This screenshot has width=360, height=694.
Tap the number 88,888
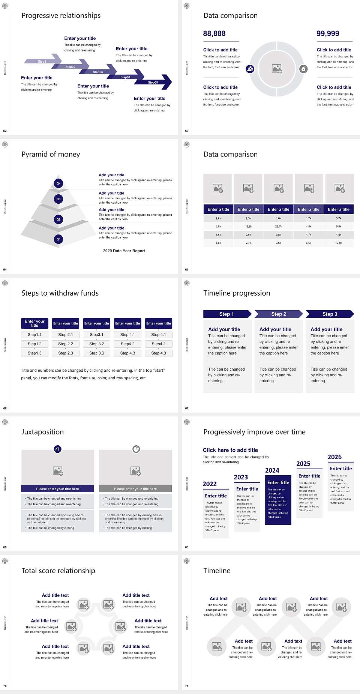[x=214, y=34]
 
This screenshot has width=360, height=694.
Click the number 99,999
[x=328, y=34]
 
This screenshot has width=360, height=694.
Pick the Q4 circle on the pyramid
[x=58, y=183]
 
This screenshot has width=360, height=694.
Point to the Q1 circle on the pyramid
[x=58, y=239]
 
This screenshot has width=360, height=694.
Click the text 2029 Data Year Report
[x=124, y=251]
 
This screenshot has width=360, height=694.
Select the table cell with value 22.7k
[x=278, y=227]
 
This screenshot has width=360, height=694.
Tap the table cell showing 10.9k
[x=339, y=243]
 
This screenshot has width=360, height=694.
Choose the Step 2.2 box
[x=66, y=344]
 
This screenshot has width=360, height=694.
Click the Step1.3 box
[x=34, y=353]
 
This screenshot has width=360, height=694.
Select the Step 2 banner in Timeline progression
[x=279, y=314]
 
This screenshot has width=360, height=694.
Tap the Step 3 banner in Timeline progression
[x=330, y=314]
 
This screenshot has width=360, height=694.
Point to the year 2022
[x=210, y=484]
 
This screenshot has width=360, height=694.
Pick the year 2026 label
[x=334, y=457]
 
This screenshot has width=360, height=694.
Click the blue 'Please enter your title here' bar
[x=57, y=489]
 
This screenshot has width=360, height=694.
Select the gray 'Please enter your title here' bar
[x=135, y=489]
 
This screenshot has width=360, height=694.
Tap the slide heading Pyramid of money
[x=51, y=155]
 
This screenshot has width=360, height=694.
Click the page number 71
[x=187, y=686]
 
